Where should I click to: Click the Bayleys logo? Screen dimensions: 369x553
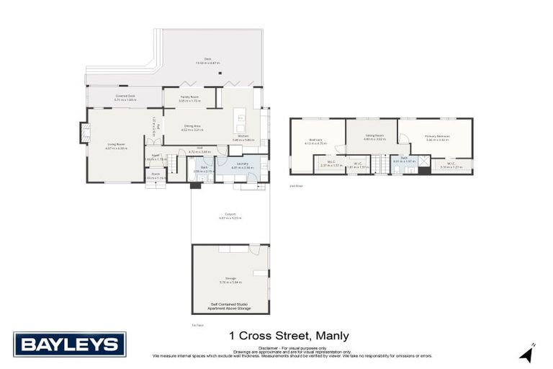(69, 344)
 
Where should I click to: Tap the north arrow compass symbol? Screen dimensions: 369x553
(528, 354)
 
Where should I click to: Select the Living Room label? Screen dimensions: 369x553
(117, 145)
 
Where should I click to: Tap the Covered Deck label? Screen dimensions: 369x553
(125, 97)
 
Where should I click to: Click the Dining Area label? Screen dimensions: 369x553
(192, 128)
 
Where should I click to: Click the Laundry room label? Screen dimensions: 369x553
(242, 164)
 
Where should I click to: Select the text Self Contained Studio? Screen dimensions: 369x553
(230, 304)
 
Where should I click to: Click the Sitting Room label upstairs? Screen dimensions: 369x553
(374, 135)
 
